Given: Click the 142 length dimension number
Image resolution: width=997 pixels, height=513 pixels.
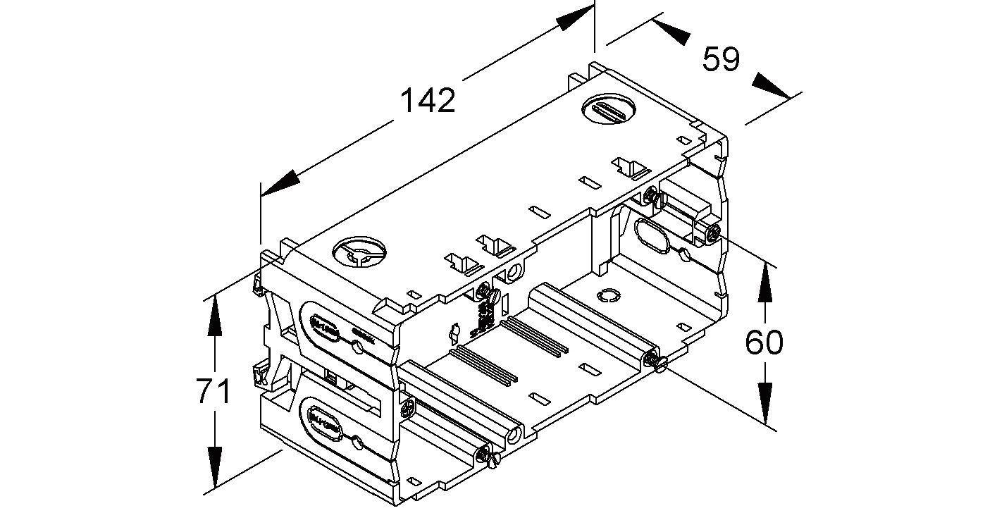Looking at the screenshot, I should click(428, 101).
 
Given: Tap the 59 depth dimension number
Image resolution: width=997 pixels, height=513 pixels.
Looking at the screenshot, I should click(721, 59).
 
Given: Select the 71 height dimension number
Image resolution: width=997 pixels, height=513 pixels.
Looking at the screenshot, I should click(213, 392).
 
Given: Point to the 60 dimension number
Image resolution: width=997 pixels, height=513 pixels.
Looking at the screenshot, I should click(764, 342).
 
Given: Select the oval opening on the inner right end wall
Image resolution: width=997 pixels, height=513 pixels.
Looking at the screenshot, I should click(653, 235).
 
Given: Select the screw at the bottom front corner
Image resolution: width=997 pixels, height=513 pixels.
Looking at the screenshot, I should click(488, 457).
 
